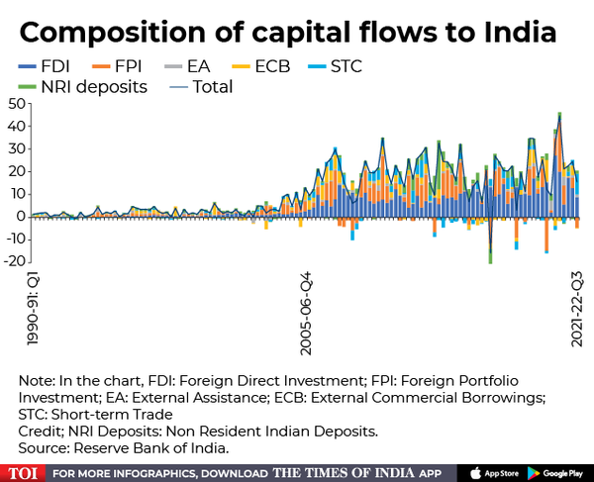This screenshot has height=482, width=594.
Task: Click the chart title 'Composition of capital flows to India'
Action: [288, 32]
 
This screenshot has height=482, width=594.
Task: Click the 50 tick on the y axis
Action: [15, 104]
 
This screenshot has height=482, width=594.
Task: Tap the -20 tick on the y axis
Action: [13, 261]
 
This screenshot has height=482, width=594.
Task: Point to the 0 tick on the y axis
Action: [20, 216]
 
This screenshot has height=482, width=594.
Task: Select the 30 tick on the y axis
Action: [15, 148]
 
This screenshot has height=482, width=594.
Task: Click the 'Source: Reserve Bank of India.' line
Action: [124, 448]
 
